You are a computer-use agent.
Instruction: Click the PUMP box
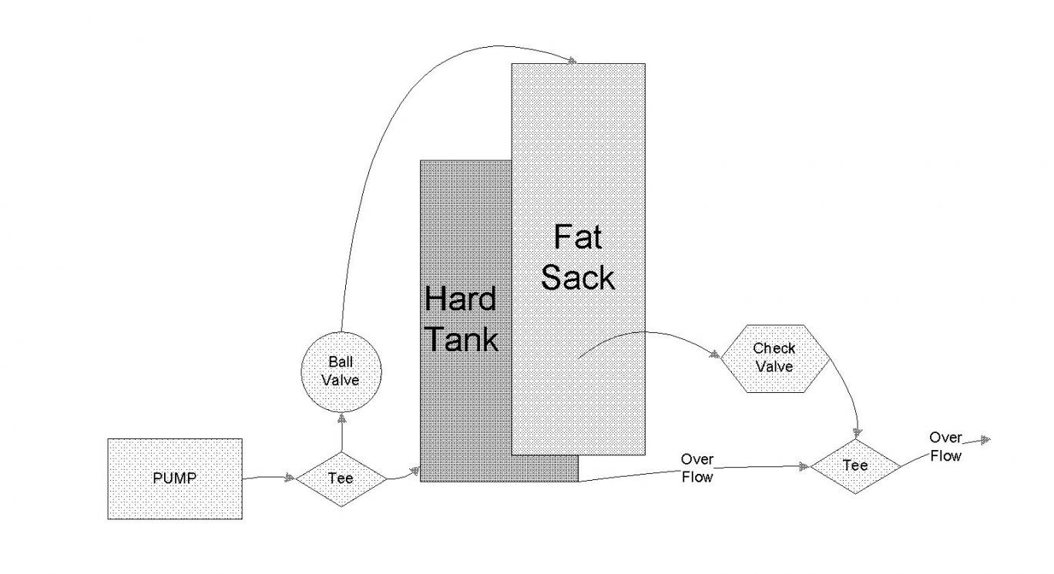tap(174, 478)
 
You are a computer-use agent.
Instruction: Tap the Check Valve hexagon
tap(774, 358)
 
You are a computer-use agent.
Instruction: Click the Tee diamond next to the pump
tap(341, 478)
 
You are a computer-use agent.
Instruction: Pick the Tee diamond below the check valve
tap(855, 465)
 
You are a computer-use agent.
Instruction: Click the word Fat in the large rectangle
tap(578, 237)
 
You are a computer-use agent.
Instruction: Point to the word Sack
tap(578, 277)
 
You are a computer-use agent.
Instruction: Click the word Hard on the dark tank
tap(460, 299)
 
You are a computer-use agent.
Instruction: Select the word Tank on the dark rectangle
tap(462, 339)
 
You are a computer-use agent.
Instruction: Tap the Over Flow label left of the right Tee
tap(697, 468)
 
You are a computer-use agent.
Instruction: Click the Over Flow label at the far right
tap(945, 446)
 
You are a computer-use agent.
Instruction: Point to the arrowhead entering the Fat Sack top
tap(573, 60)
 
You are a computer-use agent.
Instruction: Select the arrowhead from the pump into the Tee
tap(290, 478)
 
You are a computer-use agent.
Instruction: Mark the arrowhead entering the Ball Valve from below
tap(341, 418)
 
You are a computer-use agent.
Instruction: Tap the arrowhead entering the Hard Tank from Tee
tap(415, 468)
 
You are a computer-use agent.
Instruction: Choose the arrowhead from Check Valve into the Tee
tap(858, 433)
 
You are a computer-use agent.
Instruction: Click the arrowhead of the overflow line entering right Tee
tap(804, 466)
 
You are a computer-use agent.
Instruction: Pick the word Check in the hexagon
tap(774, 349)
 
